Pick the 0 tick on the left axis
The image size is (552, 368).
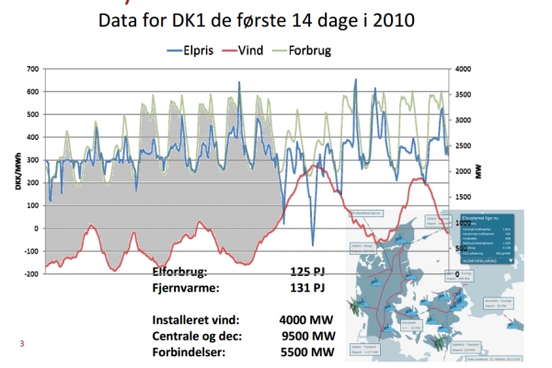pos(36,228)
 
